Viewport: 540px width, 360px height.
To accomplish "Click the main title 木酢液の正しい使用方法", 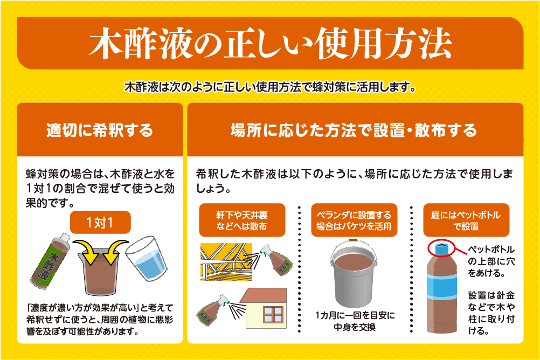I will tap(270, 43).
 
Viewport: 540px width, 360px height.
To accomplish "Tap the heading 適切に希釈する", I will tap(100, 130).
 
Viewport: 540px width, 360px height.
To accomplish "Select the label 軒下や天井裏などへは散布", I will tap(242, 220).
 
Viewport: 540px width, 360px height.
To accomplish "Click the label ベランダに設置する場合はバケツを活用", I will tap(354, 220).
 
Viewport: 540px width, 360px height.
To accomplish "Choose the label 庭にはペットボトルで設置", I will tap(466, 220).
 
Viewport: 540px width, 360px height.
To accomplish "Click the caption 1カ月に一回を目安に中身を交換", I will tap(354, 321).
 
